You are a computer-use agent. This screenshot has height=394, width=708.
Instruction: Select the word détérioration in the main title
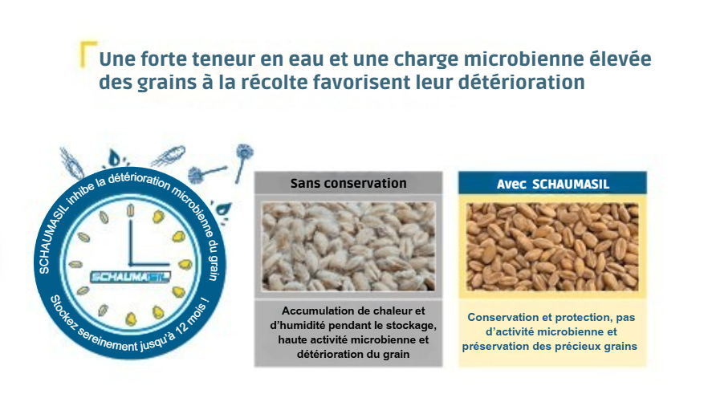(522, 82)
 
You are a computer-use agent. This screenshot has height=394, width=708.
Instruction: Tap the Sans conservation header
(348, 183)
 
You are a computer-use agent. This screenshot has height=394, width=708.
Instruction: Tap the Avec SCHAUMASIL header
(552, 184)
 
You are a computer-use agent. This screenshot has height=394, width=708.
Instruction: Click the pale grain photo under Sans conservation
(348, 246)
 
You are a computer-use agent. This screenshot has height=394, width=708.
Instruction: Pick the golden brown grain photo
(552, 246)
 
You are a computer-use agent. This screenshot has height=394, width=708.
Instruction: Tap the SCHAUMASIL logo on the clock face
(130, 277)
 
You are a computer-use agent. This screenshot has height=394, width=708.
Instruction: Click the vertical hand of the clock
(131, 242)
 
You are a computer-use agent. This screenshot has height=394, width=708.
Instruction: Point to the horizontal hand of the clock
(149, 264)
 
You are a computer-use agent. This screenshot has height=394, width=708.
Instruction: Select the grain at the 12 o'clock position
(131, 210)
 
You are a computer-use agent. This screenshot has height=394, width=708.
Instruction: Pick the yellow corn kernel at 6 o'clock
(131, 319)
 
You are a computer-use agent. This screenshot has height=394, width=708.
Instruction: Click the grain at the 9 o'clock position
(75, 264)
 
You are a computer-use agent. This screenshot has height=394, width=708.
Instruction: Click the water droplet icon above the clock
(114, 157)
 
